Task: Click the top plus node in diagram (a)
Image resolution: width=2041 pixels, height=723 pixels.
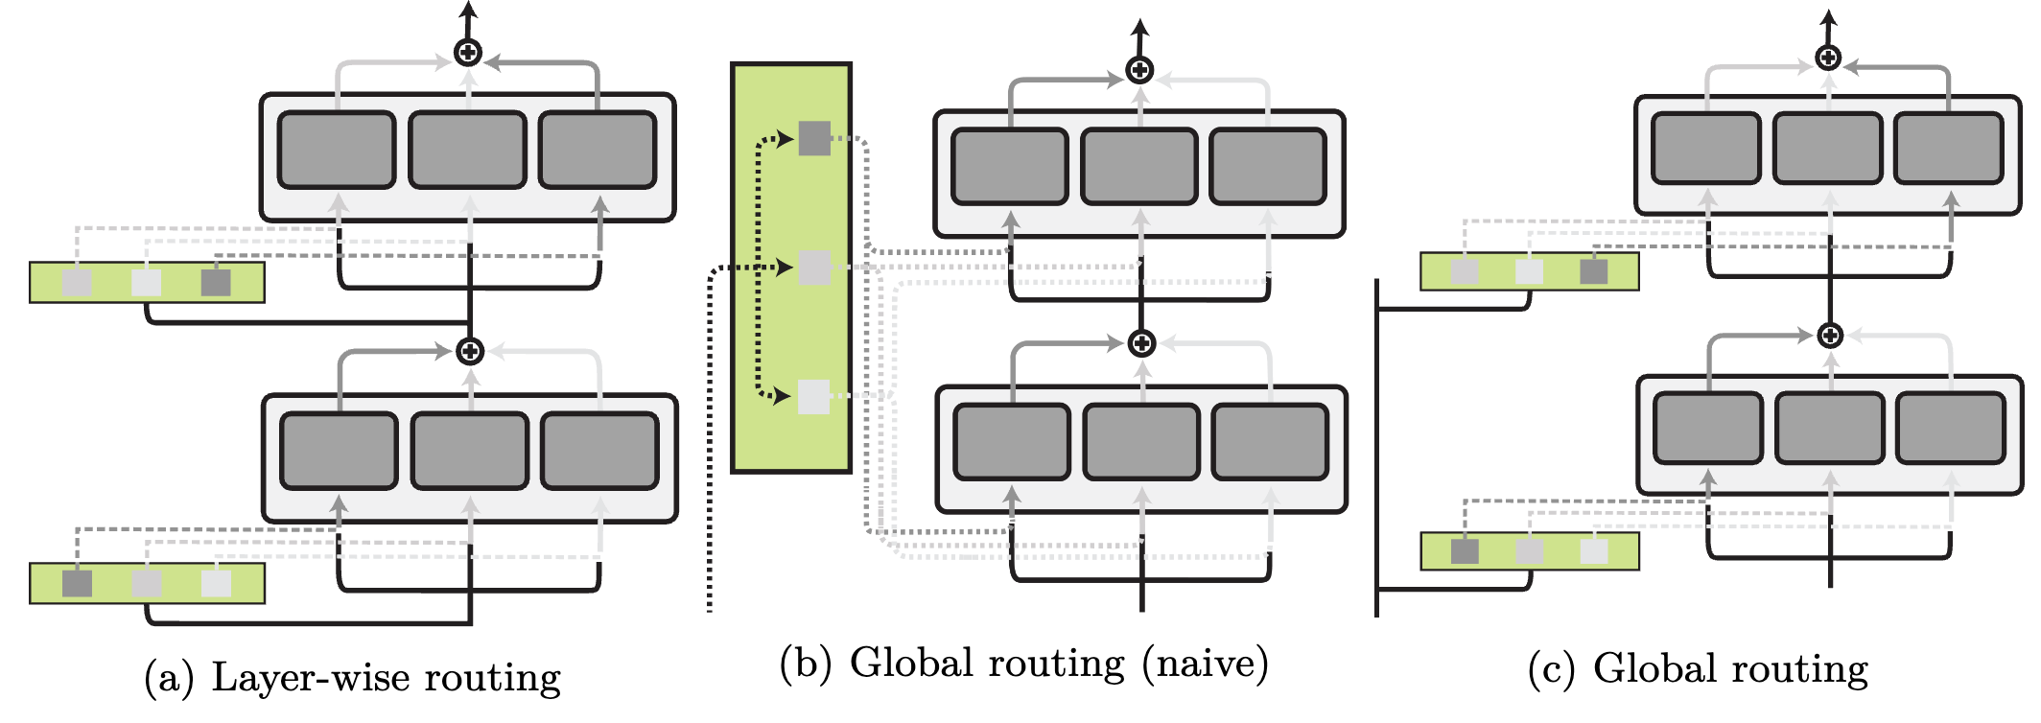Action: pos(468,52)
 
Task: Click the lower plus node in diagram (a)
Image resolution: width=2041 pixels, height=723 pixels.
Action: pos(470,352)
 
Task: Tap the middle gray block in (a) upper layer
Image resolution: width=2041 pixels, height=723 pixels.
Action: pos(467,150)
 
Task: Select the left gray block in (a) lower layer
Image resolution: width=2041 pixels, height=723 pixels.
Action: pos(339,451)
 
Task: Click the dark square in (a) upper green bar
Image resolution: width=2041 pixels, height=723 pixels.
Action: pos(216,283)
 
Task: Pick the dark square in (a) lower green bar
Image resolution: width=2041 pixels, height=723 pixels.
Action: pos(77,583)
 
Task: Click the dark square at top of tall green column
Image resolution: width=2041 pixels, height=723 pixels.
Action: pos(814,139)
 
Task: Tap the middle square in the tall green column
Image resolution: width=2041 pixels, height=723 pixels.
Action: pos(814,268)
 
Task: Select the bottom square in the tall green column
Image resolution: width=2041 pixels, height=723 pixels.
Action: pos(813,396)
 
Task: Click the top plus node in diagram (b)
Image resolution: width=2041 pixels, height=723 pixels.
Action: pos(1139,70)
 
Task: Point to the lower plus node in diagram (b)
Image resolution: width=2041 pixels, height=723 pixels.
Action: pos(1141,343)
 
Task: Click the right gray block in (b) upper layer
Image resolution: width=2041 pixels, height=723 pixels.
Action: pos(1268,167)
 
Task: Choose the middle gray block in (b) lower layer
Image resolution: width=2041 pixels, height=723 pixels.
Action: pos(1141,442)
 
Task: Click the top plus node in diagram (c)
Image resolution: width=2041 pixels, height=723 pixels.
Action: pos(1828,58)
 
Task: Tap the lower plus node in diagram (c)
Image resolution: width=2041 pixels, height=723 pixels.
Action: pos(1830,336)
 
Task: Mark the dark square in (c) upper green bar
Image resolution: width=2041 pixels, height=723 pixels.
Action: pos(1593,271)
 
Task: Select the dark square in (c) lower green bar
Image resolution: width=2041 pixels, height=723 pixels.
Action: pos(1465,551)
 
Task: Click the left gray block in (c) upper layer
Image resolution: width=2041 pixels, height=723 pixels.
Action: pos(1705,148)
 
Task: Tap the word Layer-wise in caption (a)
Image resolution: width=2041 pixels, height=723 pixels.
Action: pos(311,678)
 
